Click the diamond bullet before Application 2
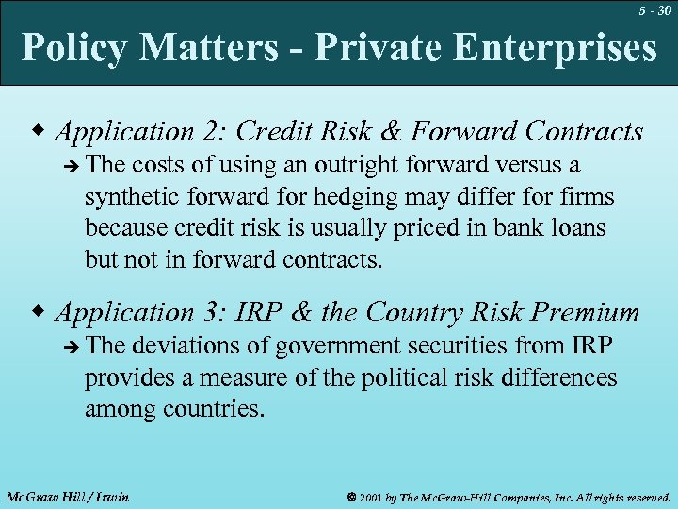(x=39, y=131)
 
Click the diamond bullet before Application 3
(x=39, y=312)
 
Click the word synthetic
(x=123, y=197)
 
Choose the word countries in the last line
(x=216, y=409)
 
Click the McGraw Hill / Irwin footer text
(x=67, y=496)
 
